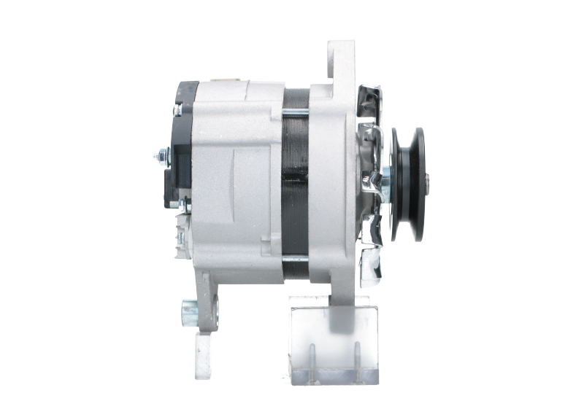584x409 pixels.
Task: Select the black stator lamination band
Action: click(294, 182)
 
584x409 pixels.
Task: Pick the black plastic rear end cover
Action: click(182, 146)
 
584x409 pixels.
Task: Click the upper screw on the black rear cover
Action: click(177, 112)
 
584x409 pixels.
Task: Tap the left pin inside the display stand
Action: click(310, 357)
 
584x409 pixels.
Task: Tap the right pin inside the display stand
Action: click(358, 357)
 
